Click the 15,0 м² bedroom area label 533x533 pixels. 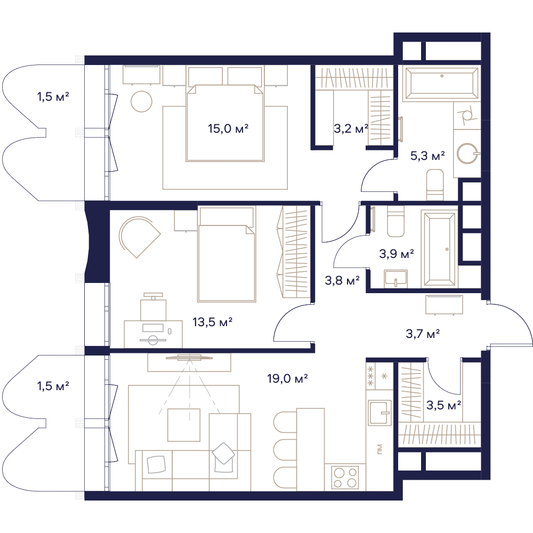228,129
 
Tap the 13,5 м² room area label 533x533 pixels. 213,322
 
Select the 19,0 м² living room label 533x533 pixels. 288,378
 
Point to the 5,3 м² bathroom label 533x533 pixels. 427,156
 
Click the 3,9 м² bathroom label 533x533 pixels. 397,254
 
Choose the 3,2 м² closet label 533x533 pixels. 351,129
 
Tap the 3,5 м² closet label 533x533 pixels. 443,405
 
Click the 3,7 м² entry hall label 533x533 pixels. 423,334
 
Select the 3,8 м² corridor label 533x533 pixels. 342,281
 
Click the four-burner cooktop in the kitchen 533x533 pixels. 345,477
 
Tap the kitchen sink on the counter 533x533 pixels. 380,413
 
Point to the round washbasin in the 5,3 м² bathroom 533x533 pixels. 468,154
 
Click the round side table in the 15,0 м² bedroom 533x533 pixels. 141,102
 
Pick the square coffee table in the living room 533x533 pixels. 184,425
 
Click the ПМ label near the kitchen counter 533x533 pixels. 379,449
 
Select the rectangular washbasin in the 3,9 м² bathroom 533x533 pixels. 395,279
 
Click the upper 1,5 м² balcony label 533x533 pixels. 53,97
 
